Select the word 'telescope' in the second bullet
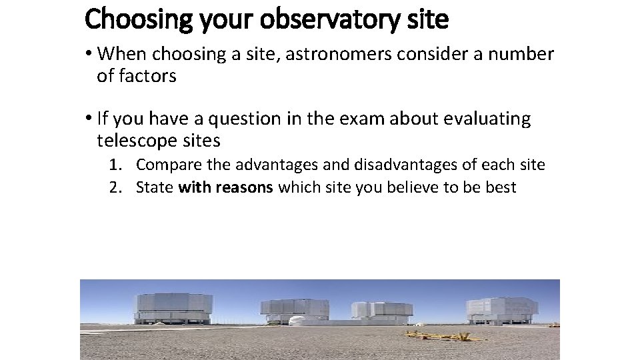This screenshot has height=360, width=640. [x=133, y=141]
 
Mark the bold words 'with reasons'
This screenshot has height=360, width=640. [x=226, y=187]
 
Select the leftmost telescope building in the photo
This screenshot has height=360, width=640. [x=174, y=309]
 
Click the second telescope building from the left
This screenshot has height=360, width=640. [x=294, y=310]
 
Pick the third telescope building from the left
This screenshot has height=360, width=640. [x=383, y=312]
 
